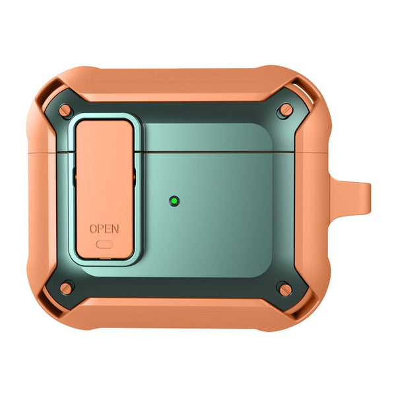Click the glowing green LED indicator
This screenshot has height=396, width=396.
(174, 201)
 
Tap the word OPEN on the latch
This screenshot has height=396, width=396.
(104, 229)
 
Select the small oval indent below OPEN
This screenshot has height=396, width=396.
(104, 244)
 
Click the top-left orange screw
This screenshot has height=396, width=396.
(65, 111)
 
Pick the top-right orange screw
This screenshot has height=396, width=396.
(286, 110)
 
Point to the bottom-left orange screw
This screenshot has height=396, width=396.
(66, 288)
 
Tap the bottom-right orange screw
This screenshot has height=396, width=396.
(285, 289)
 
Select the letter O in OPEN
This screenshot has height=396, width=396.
(94, 229)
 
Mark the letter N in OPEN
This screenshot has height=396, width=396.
(115, 229)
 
